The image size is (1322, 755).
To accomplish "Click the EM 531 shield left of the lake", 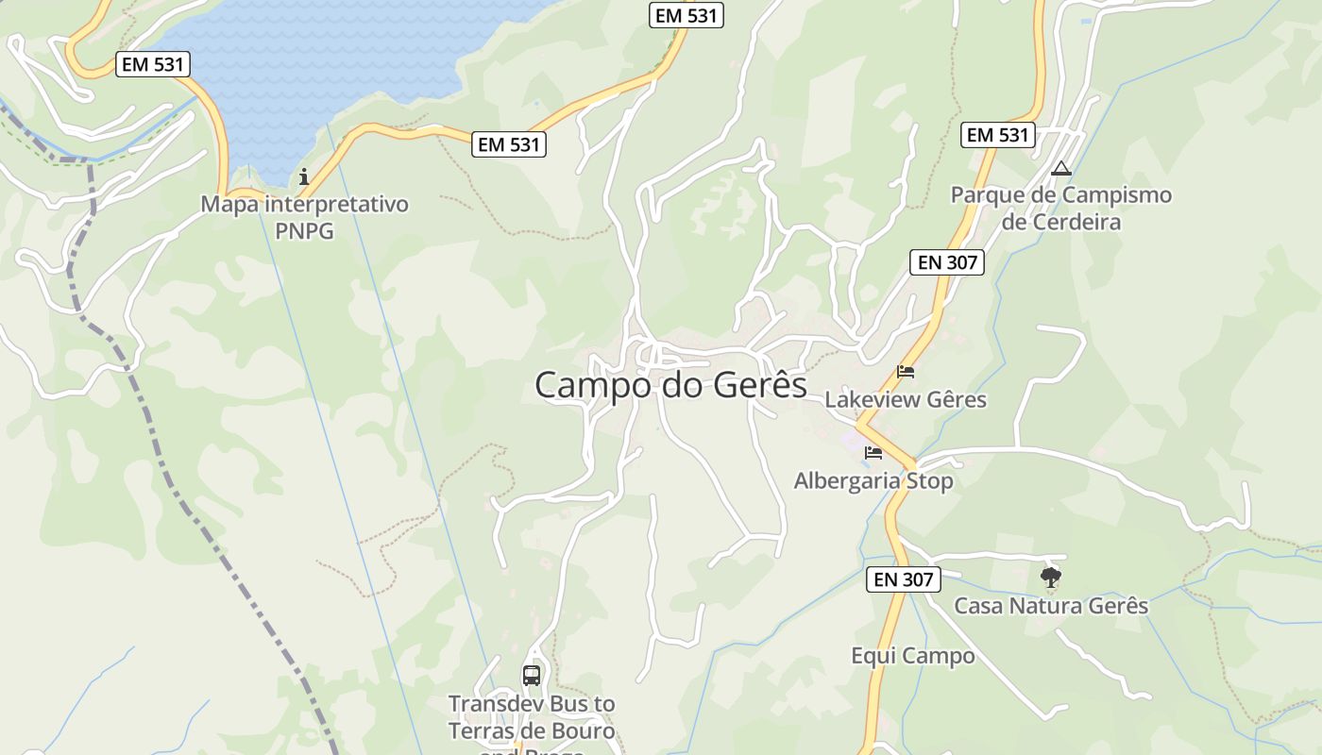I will pyautogui.click(x=154, y=64).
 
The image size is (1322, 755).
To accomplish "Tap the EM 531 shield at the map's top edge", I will pyautogui.click(x=686, y=15).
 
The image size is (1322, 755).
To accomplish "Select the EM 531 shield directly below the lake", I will pyautogui.click(x=509, y=144).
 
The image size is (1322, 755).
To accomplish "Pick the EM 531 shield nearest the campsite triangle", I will pyautogui.click(x=998, y=135).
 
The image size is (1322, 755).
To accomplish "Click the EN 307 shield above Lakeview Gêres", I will pyautogui.click(x=947, y=262).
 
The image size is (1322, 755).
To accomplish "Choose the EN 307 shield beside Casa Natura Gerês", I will pyautogui.click(x=903, y=579).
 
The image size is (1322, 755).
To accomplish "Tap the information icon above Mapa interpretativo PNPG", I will pyautogui.click(x=304, y=176).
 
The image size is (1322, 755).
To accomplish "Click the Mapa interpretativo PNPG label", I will pyautogui.click(x=304, y=217).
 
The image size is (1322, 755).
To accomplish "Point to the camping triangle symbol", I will pyautogui.click(x=1060, y=169).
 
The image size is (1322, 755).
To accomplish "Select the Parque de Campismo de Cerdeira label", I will pyautogui.click(x=1060, y=209).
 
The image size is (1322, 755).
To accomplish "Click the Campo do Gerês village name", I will pyautogui.click(x=670, y=385).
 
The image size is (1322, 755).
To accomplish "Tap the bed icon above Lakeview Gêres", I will pyautogui.click(x=906, y=372).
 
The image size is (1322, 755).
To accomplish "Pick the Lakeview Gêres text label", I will pyautogui.click(x=906, y=400).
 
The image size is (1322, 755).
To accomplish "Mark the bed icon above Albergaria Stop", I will pyautogui.click(x=873, y=453).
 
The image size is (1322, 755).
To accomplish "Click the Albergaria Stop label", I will pyautogui.click(x=873, y=481).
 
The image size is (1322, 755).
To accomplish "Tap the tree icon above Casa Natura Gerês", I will pyautogui.click(x=1050, y=577).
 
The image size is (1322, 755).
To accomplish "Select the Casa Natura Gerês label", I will pyautogui.click(x=1051, y=606).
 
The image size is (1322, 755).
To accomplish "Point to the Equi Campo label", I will pyautogui.click(x=912, y=656).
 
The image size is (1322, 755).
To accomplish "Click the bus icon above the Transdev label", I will pyautogui.click(x=532, y=676).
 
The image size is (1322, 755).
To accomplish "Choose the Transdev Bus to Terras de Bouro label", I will pyautogui.click(x=532, y=718).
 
